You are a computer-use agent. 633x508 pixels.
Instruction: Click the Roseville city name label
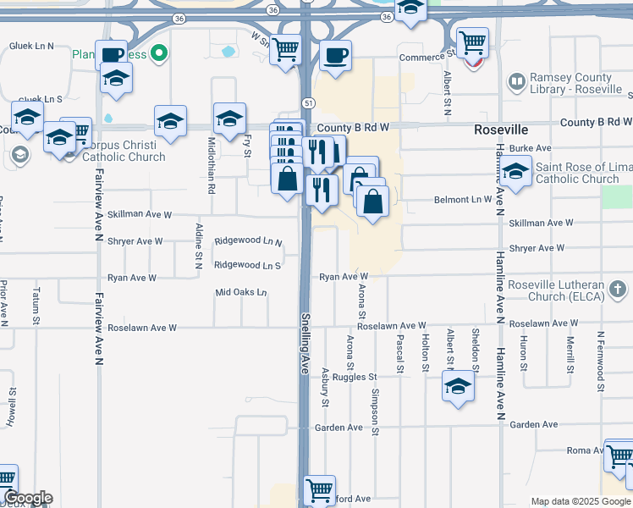pos(501,130)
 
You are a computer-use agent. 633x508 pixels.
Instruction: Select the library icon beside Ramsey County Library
pos(516,82)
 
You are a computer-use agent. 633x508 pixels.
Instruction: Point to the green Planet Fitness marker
pos(157,54)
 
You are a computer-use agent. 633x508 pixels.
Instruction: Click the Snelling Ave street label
pos(305,344)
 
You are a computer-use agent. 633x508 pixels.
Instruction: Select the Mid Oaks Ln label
pos(241,293)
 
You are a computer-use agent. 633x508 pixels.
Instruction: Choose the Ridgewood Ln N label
pos(247,241)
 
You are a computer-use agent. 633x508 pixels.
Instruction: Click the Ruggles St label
pos(354,377)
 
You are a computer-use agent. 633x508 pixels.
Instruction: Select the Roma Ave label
pos(586,450)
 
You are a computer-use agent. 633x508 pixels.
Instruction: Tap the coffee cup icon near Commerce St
pos(336,57)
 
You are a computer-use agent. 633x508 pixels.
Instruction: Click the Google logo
pos(27,498)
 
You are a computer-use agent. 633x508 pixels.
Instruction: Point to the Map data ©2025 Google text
pos(581,501)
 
